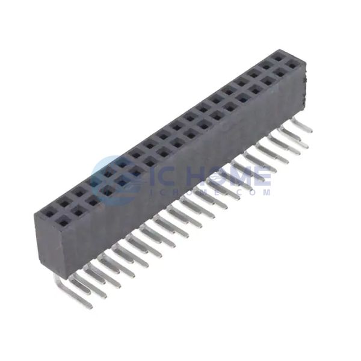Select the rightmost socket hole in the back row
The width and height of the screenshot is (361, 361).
pos(279,58)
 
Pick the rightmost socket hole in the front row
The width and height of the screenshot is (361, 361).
pos(292,66)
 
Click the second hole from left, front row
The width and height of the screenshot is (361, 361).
pos(78,213)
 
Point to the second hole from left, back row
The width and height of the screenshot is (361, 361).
pos(65,203)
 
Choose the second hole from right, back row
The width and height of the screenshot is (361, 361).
pos(267,67)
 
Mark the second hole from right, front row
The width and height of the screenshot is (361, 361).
pos(280,74)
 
